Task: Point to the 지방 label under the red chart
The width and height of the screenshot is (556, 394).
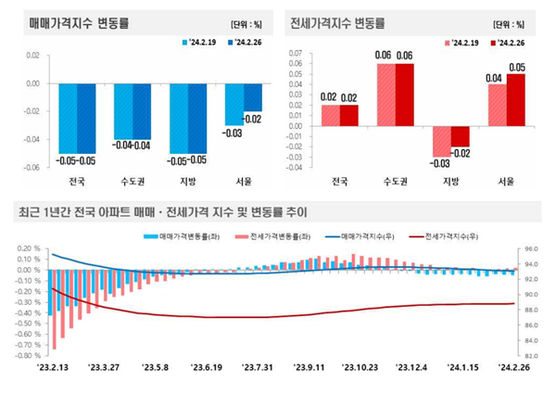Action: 450,180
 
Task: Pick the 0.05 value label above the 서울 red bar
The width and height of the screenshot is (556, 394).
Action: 516,67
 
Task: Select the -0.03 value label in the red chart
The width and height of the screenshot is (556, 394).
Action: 440,164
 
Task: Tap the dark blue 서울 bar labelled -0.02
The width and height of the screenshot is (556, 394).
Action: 252,96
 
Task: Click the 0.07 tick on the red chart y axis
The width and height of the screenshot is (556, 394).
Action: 296,53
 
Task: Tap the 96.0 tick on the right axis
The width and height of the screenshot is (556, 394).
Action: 532,249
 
